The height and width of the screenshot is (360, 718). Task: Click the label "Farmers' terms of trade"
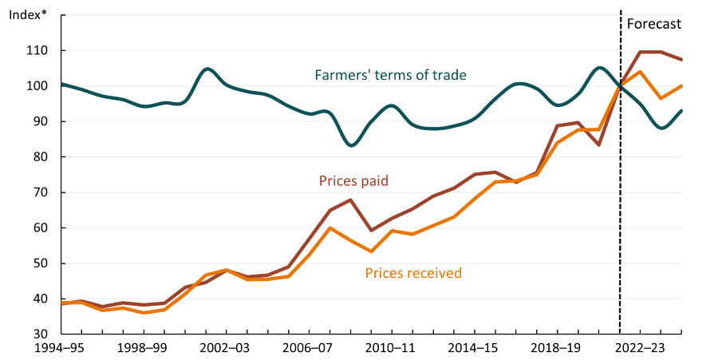390,75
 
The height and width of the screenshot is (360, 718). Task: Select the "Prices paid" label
353,181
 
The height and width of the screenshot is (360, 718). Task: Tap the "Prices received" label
413,273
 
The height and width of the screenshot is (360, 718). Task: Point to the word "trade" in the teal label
449,75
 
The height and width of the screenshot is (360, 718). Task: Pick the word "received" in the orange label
436,273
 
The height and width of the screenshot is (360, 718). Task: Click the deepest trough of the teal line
351,145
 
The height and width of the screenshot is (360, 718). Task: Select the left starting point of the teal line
62,83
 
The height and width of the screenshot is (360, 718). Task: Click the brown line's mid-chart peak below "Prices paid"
350,200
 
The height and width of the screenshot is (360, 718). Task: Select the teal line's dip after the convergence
661,128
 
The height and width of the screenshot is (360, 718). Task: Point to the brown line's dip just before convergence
599,145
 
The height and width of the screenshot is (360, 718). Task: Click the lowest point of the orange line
144,313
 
